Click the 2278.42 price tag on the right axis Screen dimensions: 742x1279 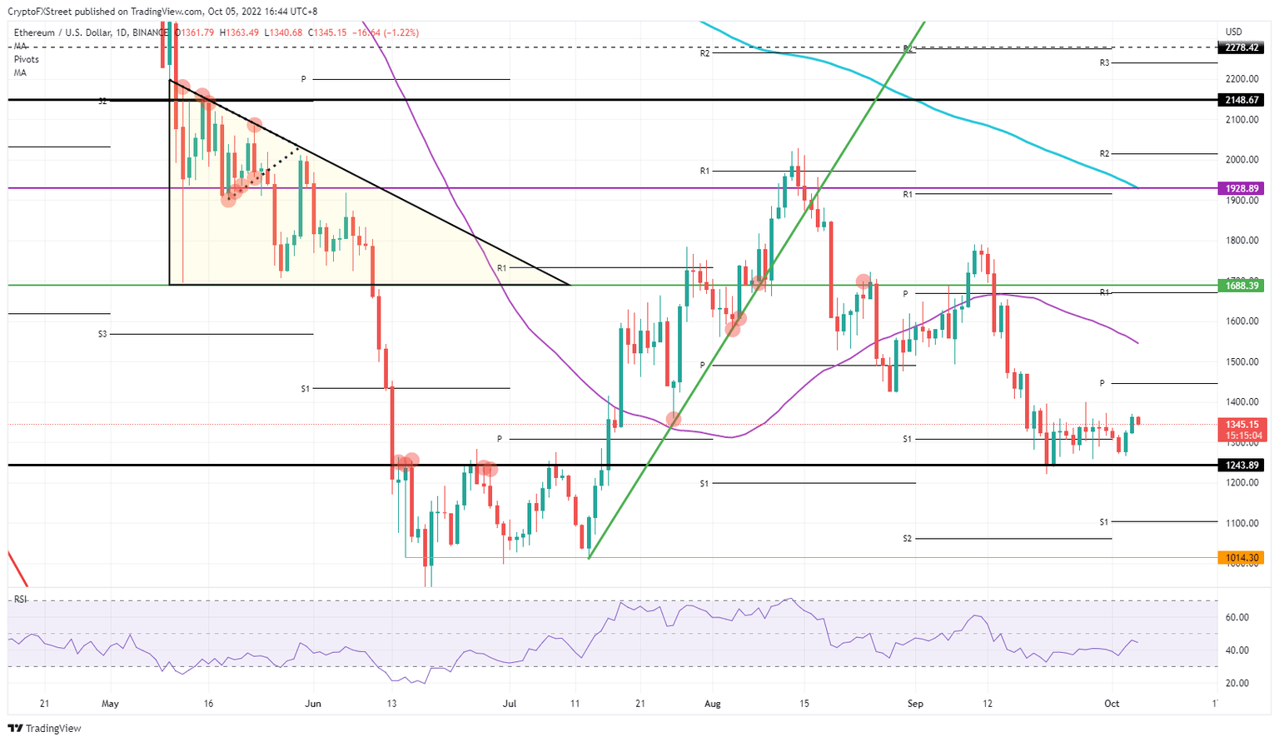coord(1241,48)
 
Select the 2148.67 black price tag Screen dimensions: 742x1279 coord(1241,100)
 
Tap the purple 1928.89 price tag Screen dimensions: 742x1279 coord(1241,188)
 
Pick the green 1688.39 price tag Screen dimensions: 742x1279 coord(1241,286)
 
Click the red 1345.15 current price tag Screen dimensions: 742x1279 coord(1241,424)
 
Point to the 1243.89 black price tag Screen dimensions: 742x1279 coord(1241,465)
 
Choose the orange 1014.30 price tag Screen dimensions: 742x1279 coord(1241,558)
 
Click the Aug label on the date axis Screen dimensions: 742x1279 coord(713,704)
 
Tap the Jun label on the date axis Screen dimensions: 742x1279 coord(313,704)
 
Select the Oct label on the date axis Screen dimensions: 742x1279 coord(1112,704)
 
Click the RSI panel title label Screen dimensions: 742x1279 coord(21,600)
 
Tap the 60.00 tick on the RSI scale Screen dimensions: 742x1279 coord(1237,617)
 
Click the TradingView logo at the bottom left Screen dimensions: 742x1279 coord(46,729)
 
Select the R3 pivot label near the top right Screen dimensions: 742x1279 coord(1104,63)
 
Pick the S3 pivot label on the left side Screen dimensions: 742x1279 coord(102,334)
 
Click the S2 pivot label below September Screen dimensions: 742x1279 coord(908,539)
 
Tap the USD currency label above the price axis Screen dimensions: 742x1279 coord(1233,32)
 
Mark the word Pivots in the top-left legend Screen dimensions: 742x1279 coord(26,60)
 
